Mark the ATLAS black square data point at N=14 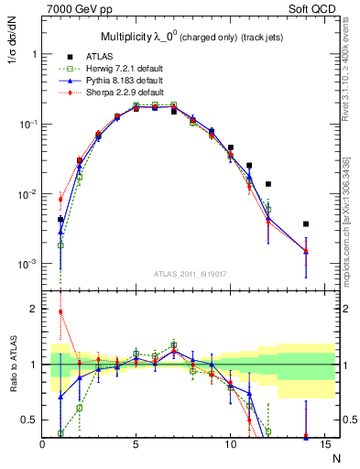click(x=305, y=224)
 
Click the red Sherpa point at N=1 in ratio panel click(x=61, y=311)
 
